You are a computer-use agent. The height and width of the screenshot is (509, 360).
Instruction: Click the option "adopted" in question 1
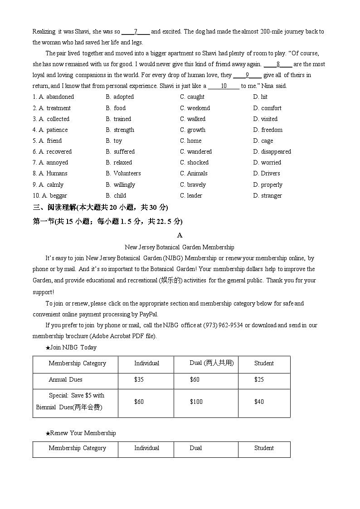tap(123, 97)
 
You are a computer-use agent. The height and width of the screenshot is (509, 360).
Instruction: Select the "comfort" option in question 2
tap(271, 108)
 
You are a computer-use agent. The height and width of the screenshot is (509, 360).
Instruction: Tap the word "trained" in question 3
tap(122, 119)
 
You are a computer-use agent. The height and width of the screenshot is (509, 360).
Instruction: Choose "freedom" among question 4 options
tap(272, 130)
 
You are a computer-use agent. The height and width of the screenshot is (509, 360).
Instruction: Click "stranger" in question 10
tap(271, 195)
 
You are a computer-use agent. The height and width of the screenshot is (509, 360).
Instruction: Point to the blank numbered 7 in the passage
tap(136, 32)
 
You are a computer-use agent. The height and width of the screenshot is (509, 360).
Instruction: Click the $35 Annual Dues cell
tap(139, 379)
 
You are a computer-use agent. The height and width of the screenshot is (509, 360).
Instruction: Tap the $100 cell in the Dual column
tap(196, 402)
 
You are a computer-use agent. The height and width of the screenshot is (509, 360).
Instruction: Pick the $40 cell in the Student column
tap(259, 402)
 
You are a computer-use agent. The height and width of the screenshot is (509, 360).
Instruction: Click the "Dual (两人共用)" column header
tap(211, 363)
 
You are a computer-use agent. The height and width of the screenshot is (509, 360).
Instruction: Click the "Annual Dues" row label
tap(65, 379)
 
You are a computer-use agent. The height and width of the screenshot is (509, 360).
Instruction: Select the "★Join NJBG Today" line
tap(71, 348)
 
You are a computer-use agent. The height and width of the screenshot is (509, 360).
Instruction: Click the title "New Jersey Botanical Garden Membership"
tap(180, 247)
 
